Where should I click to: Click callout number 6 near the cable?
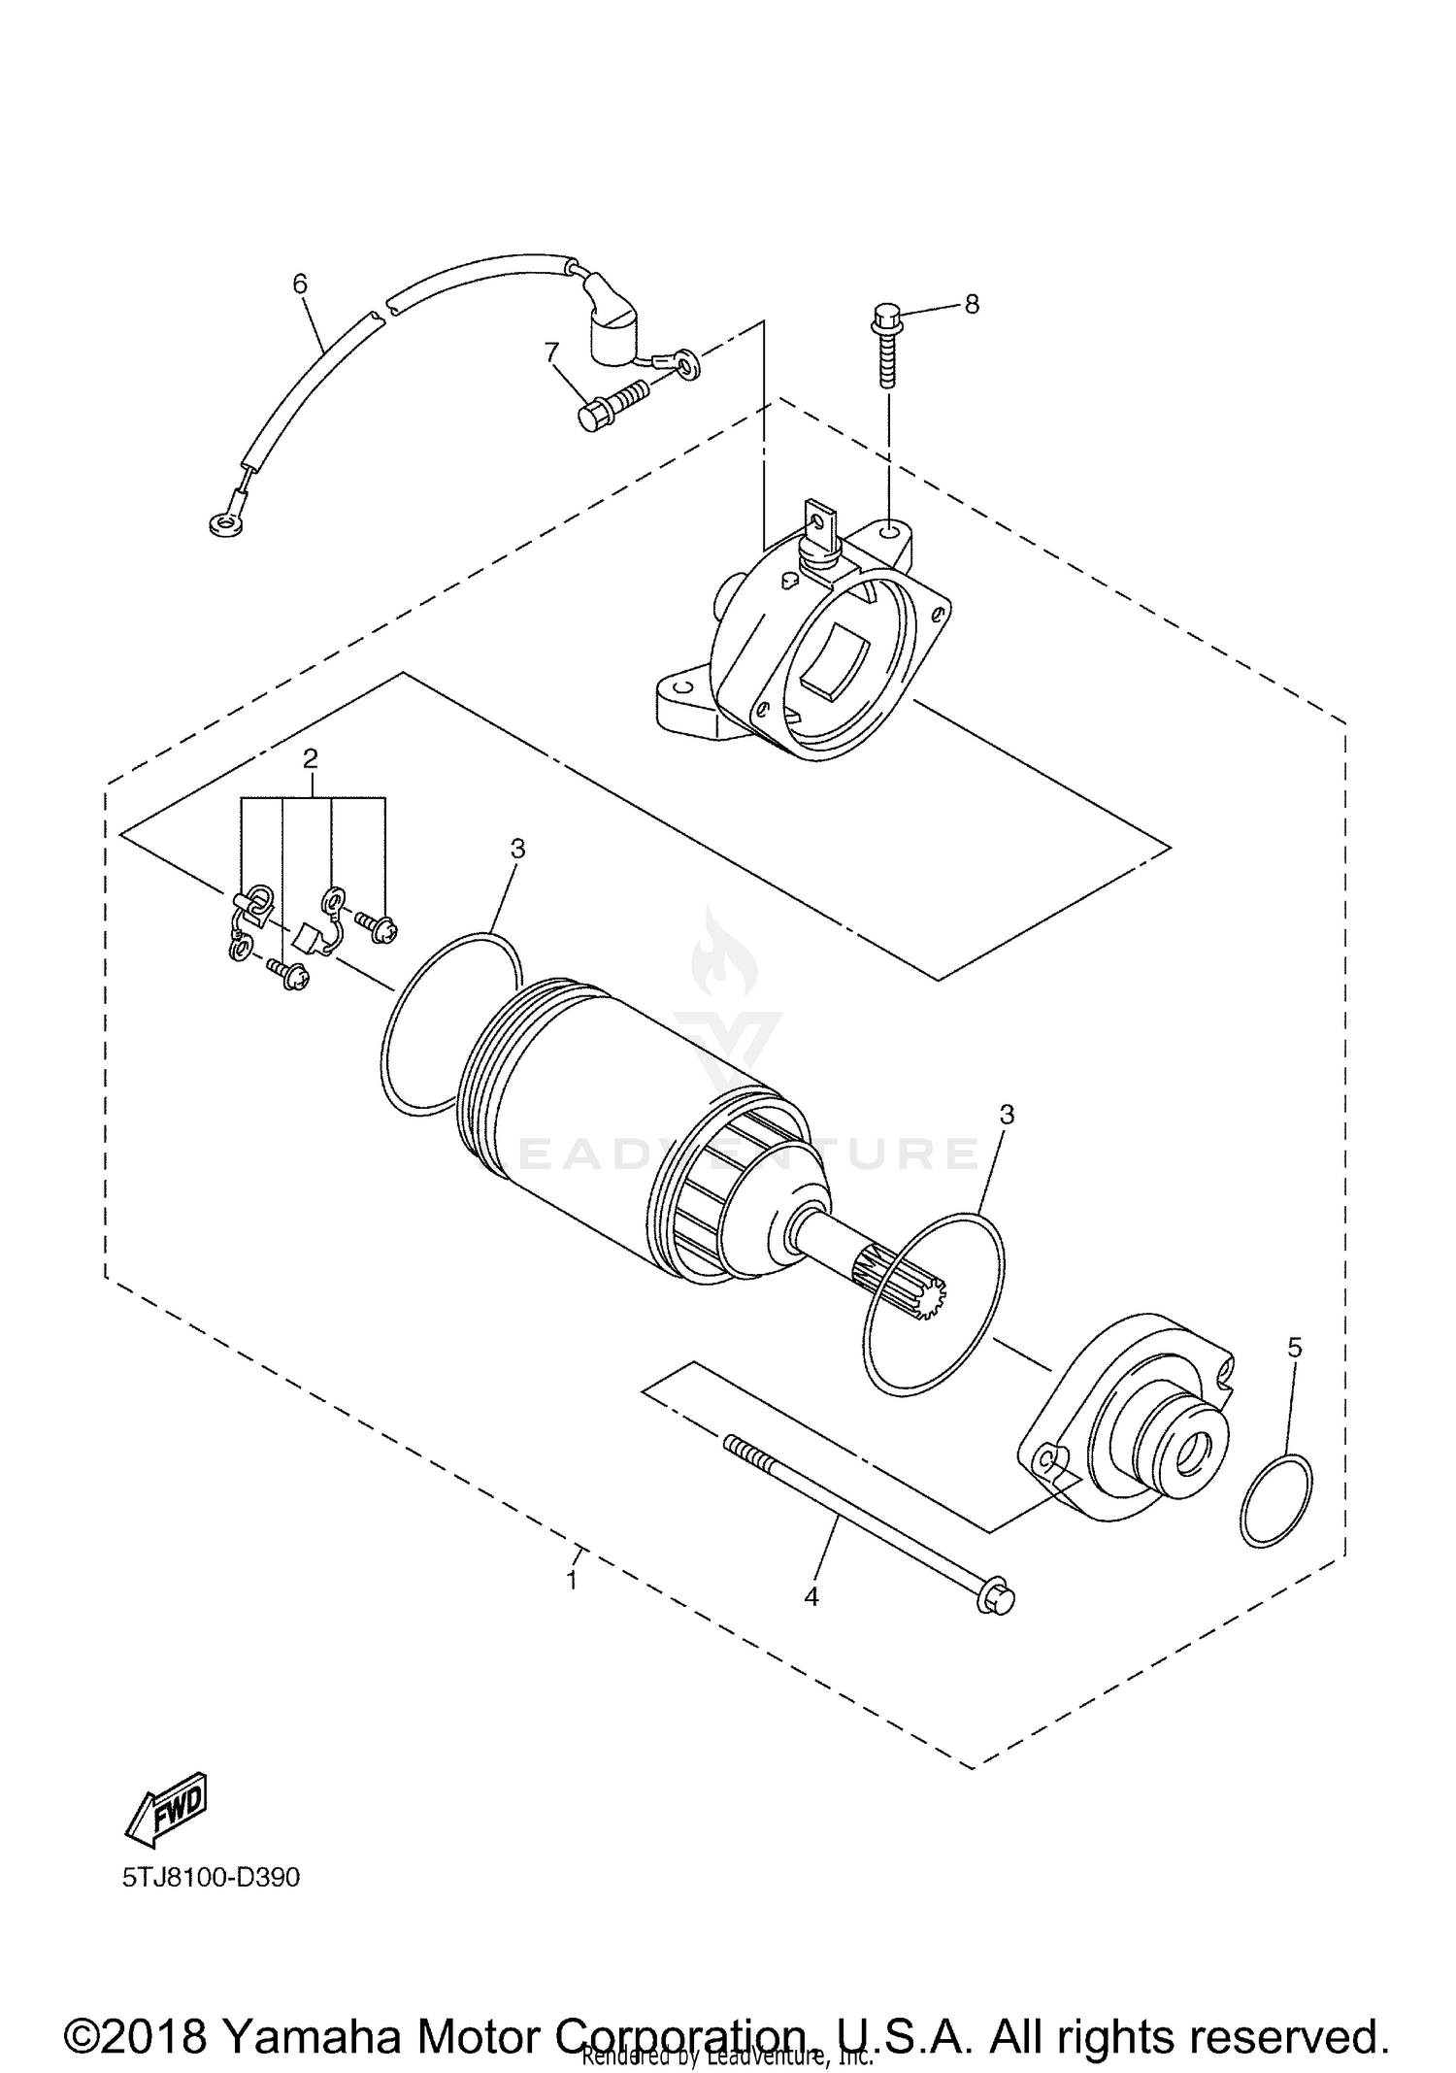[x=300, y=284]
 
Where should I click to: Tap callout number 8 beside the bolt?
[x=971, y=304]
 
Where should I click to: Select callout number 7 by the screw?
[x=552, y=351]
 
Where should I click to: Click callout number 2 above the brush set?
[x=310, y=758]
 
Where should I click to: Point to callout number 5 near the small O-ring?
[x=1294, y=1347]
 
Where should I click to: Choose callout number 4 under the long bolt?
[x=811, y=1595]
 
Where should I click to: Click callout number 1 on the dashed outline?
[x=573, y=1580]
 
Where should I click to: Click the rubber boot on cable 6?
[x=610, y=330]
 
